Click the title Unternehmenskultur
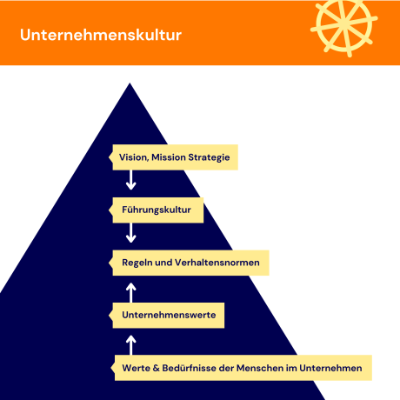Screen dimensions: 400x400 tap(101, 37)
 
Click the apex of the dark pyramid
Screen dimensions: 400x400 tap(130, 85)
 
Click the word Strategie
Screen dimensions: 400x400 tap(210, 157)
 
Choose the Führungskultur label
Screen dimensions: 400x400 tap(163, 210)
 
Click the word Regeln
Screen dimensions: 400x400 tap(140, 262)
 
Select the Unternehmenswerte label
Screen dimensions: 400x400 tap(168, 314)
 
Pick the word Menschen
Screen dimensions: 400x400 tap(270, 367)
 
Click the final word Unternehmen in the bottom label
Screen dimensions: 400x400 tap(331, 367)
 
